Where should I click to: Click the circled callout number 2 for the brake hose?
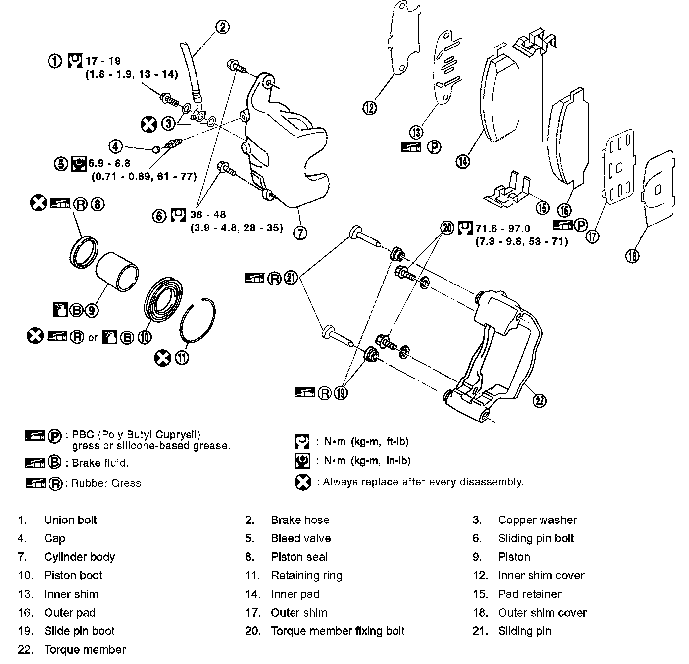coord(223,27)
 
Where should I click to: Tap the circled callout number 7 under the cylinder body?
coord(300,232)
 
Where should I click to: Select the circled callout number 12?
coord(370,107)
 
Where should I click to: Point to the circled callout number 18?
coord(632,255)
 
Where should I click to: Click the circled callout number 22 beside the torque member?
coord(540,400)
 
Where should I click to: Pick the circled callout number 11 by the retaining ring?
coord(182,358)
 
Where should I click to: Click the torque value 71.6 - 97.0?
coord(502,228)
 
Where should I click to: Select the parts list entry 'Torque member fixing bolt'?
coord(338,631)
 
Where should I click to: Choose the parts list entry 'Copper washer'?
coord(537,520)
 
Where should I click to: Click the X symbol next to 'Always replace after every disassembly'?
coord(302,482)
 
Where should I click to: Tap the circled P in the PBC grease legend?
coord(55,436)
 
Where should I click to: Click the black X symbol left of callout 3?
coord(148,124)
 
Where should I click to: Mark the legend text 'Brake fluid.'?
coord(100,463)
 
